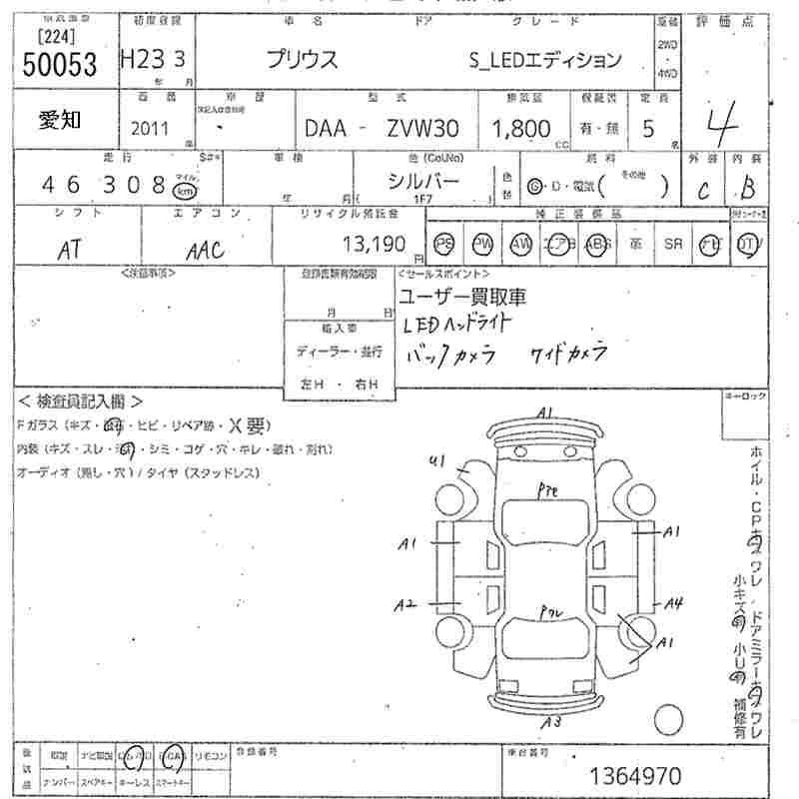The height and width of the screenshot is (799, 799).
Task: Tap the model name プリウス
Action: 302,59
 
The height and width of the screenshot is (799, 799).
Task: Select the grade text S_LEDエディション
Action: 544,60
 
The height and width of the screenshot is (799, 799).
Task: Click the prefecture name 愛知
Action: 60,121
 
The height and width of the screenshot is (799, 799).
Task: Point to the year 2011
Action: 150,129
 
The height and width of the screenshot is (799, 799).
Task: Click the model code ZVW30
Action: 422,129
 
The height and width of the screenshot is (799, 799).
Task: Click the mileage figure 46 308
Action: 103,185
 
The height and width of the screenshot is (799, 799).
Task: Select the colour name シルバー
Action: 423,181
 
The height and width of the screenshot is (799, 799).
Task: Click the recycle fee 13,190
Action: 374,243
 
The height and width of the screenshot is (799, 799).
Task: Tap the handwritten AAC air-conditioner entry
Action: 205,249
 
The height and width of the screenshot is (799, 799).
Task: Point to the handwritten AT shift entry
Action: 69,250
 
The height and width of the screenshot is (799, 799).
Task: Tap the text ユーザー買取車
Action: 461,297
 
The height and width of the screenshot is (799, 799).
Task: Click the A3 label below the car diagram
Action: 549,722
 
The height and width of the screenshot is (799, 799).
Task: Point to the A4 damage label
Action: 675,602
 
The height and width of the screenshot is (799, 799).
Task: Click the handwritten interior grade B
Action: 747,189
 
